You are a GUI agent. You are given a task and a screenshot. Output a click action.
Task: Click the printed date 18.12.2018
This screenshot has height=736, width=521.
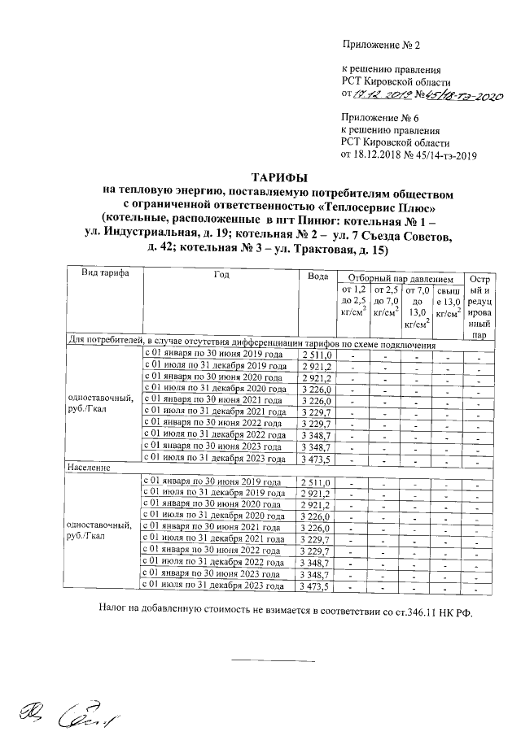point(382,154)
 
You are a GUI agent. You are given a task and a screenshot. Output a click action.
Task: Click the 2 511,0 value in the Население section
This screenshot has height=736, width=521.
point(314,484)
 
